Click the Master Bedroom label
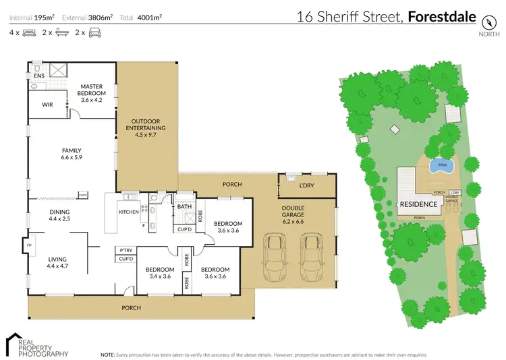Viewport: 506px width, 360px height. pos(90,90)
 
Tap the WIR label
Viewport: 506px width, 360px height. pos(47,104)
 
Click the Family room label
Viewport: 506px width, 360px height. pos(72,153)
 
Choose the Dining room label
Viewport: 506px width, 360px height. pos(59,215)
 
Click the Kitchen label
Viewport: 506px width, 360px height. pos(128,212)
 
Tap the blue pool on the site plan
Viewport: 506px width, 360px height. pos(442,164)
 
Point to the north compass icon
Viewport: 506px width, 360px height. pos(486,20)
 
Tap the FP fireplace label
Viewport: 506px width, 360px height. pos(29,245)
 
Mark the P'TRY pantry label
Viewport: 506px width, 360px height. pos(125,249)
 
